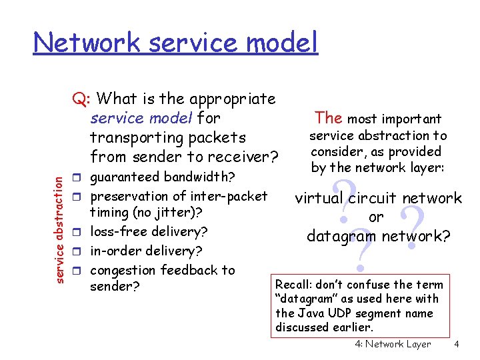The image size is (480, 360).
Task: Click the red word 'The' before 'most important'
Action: tap(329, 118)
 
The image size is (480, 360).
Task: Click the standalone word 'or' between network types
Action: tap(376, 217)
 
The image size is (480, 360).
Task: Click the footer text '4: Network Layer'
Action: tap(389, 344)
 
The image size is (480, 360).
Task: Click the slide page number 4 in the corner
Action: tap(456, 344)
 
